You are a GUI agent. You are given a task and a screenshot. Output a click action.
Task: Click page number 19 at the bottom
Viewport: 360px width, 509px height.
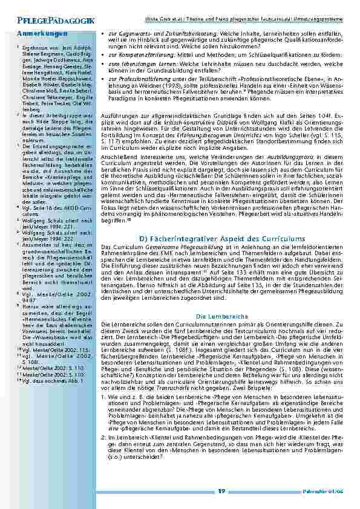coord(221,491)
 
